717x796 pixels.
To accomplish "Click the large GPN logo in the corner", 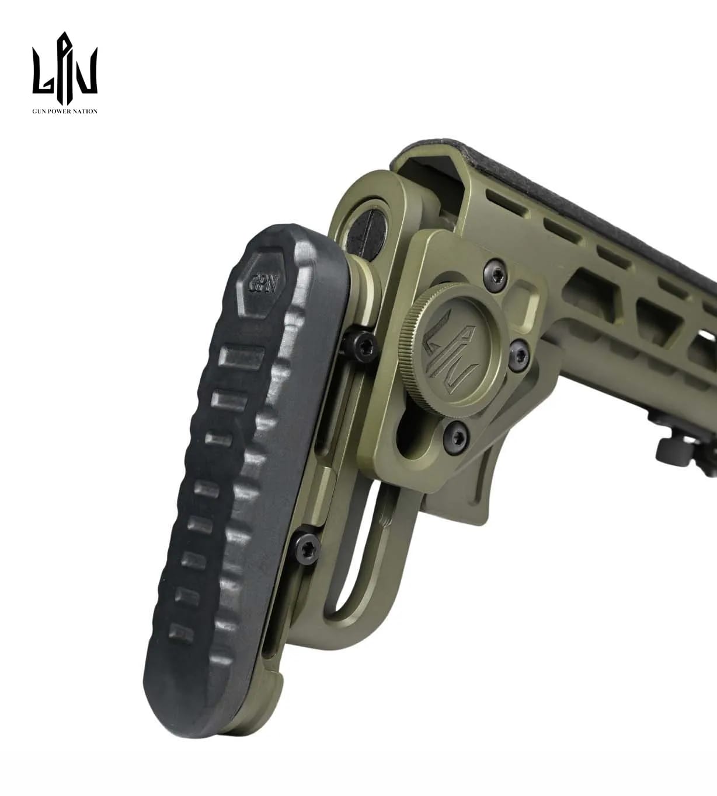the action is click(x=65, y=68).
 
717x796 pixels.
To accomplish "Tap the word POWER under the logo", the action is click(x=59, y=111).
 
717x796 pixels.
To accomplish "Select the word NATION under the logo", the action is click(x=86, y=111).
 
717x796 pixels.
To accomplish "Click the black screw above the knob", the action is click(x=495, y=271).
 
